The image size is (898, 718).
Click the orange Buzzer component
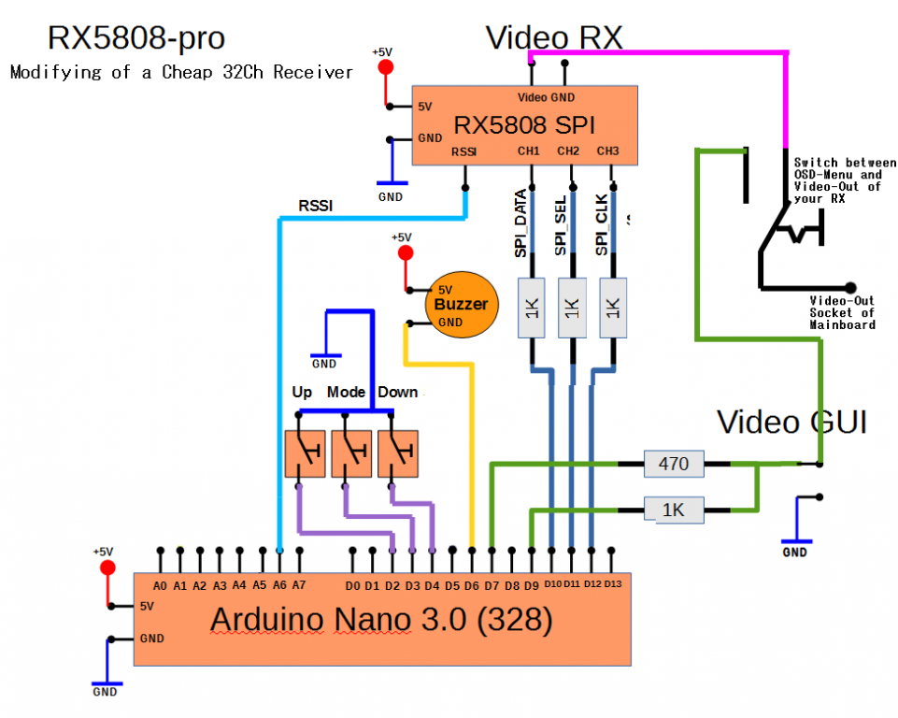tap(461, 305)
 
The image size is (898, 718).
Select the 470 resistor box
tap(674, 462)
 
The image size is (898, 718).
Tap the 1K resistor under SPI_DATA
tap(531, 308)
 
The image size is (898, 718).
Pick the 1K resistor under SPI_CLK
tap(613, 308)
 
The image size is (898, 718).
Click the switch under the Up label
tap(304, 453)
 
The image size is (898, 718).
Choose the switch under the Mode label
tap(350, 453)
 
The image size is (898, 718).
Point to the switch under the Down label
tap(397, 453)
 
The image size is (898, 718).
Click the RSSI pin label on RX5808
tap(464, 151)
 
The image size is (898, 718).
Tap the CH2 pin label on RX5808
tap(568, 151)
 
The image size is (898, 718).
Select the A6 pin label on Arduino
tap(278, 585)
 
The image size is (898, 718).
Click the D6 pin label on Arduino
tap(472, 585)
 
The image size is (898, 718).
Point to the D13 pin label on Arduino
tap(612, 584)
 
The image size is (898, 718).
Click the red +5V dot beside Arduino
tap(107, 568)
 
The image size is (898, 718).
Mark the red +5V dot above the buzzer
tap(405, 253)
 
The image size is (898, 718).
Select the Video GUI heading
tap(791, 422)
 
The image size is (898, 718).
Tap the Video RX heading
tap(554, 37)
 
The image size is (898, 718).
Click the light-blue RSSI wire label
tap(315, 206)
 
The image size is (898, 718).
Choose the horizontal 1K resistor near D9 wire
tap(674, 510)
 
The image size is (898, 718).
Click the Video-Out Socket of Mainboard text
tap(842, 312)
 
